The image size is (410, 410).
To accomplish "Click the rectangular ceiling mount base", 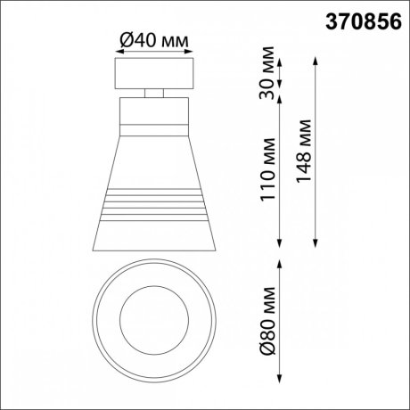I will point(154,72).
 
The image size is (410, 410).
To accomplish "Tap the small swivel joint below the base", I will point(154,92).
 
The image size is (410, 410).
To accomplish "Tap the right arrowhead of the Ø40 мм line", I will point(189,53).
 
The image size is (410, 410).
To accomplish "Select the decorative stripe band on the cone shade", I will point(154,204).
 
